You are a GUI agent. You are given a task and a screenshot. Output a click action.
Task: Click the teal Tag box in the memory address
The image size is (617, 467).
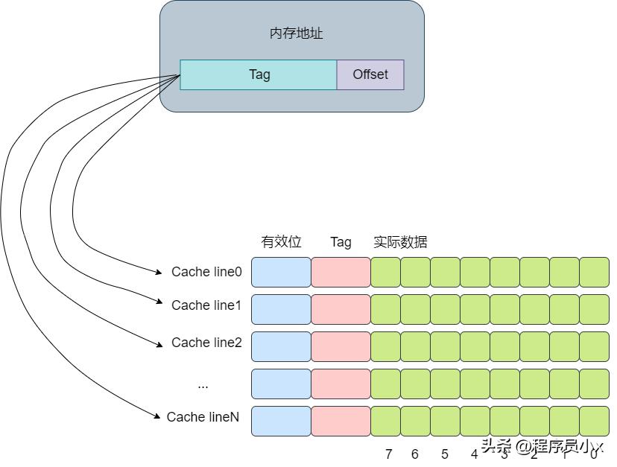[259, 74]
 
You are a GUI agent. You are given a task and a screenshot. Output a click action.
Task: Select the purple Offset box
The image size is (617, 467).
[370, 74]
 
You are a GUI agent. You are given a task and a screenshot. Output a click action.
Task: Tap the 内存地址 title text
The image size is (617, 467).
[296, 34]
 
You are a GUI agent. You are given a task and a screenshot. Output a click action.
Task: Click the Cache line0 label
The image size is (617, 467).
[206, 272]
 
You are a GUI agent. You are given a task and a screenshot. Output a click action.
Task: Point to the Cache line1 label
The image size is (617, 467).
[206, 305]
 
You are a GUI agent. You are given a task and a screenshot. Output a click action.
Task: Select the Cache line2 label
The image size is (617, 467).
[206, 343]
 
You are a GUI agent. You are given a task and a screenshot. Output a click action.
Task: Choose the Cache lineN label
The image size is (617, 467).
[203, 417]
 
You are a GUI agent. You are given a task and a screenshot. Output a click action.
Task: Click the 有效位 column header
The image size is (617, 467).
[281, 242]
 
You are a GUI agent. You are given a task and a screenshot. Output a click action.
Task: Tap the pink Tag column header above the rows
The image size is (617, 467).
[341, 242]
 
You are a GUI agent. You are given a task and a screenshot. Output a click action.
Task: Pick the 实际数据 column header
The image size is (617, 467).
[400, 242]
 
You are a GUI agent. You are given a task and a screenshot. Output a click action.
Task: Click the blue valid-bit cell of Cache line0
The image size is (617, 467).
[281, 272]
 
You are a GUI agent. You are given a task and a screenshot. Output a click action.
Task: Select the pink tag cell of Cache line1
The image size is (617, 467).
[341, 309]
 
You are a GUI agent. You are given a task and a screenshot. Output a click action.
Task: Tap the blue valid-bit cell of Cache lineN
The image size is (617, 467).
[281, 421]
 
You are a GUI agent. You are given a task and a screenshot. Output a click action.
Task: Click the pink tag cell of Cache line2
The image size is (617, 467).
[341, 346]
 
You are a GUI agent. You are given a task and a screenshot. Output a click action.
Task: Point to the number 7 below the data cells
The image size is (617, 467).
[388, 454]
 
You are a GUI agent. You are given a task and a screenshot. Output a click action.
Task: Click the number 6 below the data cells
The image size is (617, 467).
[415, 454]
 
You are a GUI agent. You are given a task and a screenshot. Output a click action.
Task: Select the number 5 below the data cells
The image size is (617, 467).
[445, 454]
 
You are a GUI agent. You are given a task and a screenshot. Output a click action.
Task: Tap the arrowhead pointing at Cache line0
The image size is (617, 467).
[160, 271]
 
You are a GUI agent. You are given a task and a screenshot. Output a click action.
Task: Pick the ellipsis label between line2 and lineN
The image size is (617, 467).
[203, 386]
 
